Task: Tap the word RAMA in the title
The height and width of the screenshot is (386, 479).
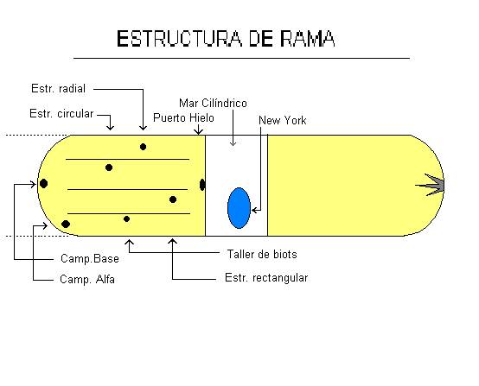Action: (x=308, y=39)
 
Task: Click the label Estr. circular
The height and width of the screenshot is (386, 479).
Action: (x=61, y=113)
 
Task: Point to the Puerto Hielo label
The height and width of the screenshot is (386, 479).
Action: (x=183, y=117)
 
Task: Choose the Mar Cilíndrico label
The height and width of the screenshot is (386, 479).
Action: (x=214, y=102)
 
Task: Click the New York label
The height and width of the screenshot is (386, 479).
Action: (x=283, y=120)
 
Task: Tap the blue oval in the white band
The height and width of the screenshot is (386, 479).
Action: (x=239, y=207)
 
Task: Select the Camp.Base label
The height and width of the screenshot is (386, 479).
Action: (x=90, y=258)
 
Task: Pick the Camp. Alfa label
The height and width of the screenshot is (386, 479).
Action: (x=86, y=280)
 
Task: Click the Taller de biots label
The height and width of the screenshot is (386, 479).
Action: (x=260, y=254)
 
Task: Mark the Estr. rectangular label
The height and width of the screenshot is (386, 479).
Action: (x=265, y=277)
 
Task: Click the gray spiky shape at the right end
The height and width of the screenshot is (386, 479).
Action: (x=433, y=183)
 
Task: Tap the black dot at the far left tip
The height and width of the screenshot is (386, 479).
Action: (x=43, y=183)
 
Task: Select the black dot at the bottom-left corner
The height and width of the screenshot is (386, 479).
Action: (x=66, y=225)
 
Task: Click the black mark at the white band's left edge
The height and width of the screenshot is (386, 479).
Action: (x=202, y=184)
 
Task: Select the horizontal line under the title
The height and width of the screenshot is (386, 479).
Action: (x=241, y=59)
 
